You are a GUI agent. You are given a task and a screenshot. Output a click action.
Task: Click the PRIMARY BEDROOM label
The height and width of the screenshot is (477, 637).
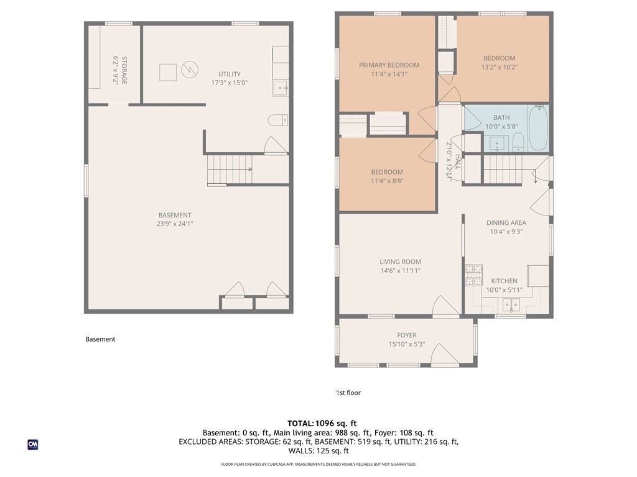pos(389,65)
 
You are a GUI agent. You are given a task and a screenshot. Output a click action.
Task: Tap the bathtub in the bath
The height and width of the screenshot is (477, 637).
pos(538,128)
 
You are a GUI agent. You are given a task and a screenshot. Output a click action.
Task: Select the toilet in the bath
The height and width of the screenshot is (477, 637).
pos(518,142)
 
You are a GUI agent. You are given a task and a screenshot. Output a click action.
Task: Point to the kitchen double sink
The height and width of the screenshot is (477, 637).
pos(511,304)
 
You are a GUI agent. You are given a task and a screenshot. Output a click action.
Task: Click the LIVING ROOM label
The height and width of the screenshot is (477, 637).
pos(400,261)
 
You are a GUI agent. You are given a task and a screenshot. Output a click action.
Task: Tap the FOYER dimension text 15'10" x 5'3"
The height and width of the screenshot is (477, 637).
pos(407,344)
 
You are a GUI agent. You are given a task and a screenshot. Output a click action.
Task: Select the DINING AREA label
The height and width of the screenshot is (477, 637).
pos(506,223)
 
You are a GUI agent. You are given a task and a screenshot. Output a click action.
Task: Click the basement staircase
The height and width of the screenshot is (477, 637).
pos(230,170)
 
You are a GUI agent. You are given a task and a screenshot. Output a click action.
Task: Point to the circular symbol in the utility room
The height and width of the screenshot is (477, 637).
pos(189,70)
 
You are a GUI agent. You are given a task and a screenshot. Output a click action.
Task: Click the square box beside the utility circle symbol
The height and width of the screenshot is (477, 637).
pos(168,73)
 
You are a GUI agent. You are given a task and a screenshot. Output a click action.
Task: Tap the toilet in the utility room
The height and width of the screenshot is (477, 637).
pos(278,120)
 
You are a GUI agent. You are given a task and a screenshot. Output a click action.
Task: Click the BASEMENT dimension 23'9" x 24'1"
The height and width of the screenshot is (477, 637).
pos(175,224)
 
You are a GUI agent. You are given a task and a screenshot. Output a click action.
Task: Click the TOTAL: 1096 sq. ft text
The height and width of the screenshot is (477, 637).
pos(322,424)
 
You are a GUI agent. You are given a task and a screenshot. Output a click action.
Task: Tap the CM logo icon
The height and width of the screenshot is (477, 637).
pos(33,445)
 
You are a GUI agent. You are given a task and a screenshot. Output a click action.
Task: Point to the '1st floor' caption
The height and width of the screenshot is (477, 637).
pos(348,393)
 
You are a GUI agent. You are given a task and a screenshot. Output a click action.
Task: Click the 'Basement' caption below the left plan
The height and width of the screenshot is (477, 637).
pos(100,339)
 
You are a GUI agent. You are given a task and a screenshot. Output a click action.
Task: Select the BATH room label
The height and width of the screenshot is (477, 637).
pos(501,117)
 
